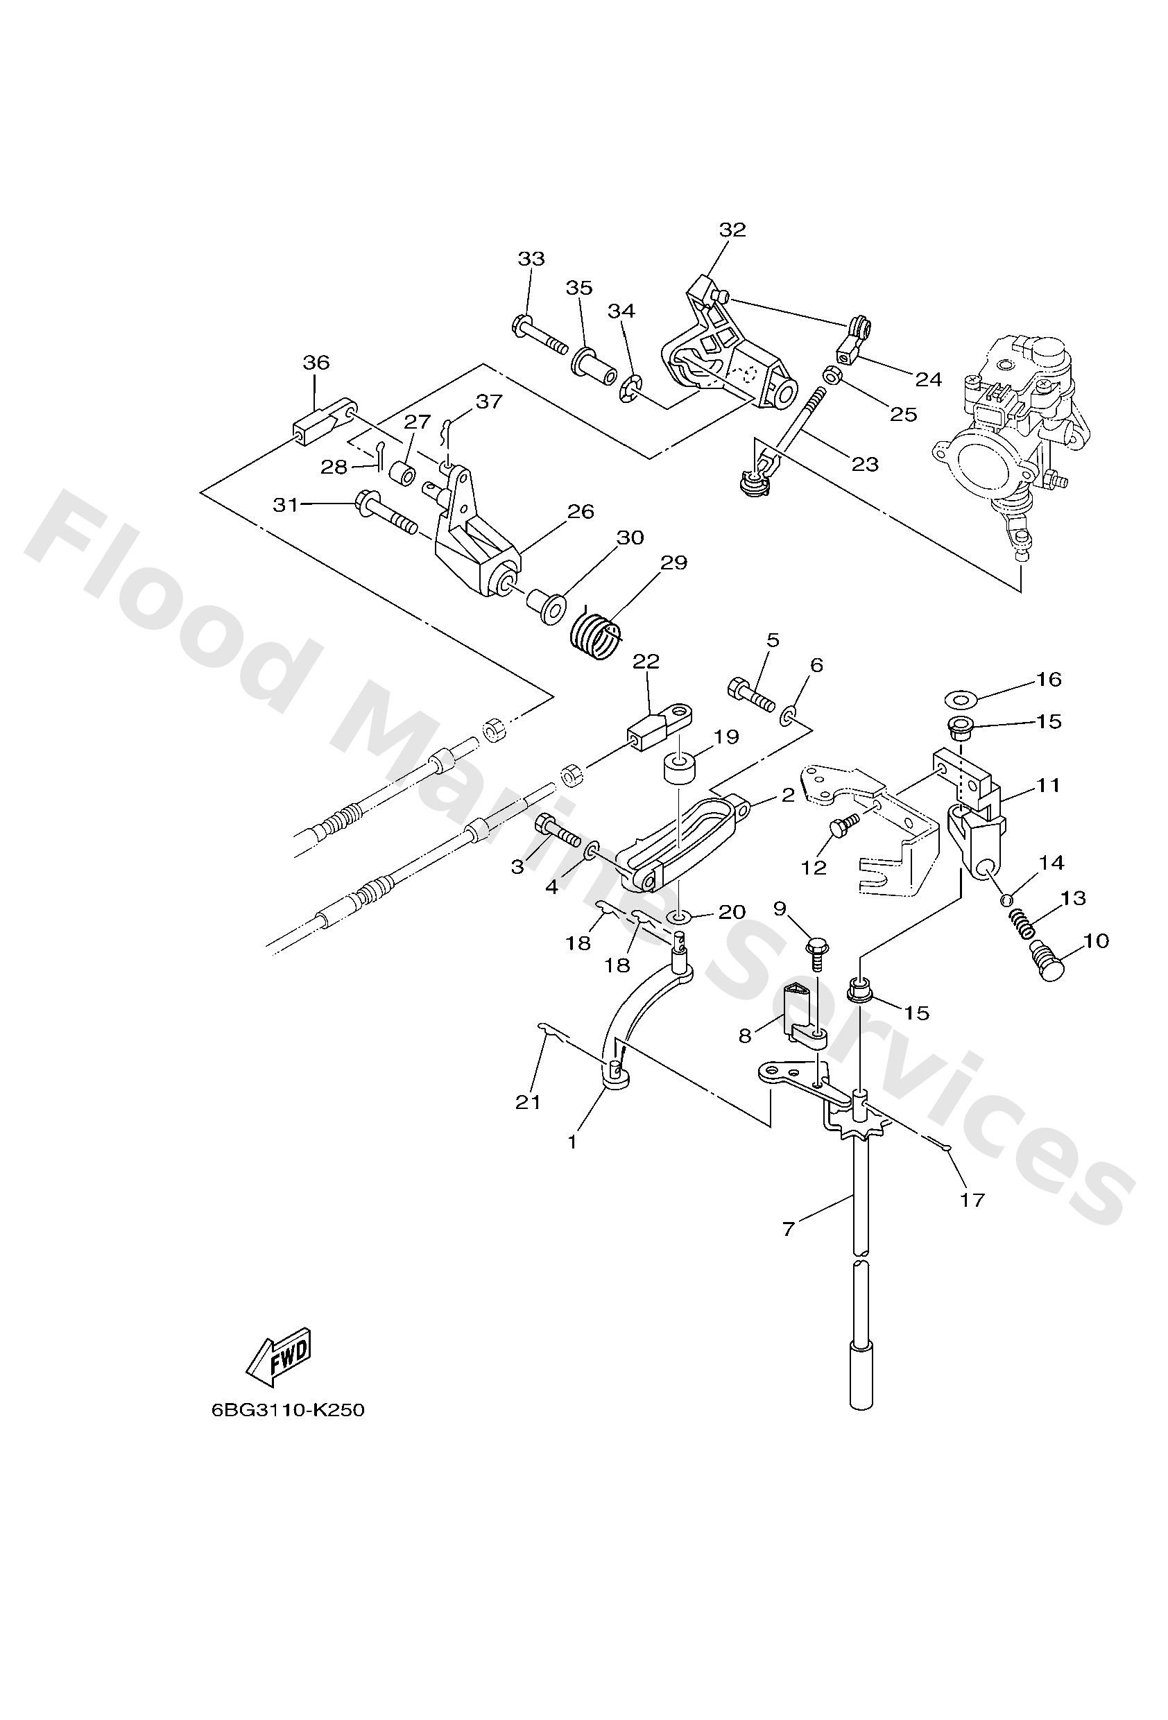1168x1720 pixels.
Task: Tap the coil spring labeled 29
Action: (596, 635)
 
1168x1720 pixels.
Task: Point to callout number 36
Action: (316, 363)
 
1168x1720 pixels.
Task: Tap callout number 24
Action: (928, 379)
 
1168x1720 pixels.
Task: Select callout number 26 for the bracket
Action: (581, 511)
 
